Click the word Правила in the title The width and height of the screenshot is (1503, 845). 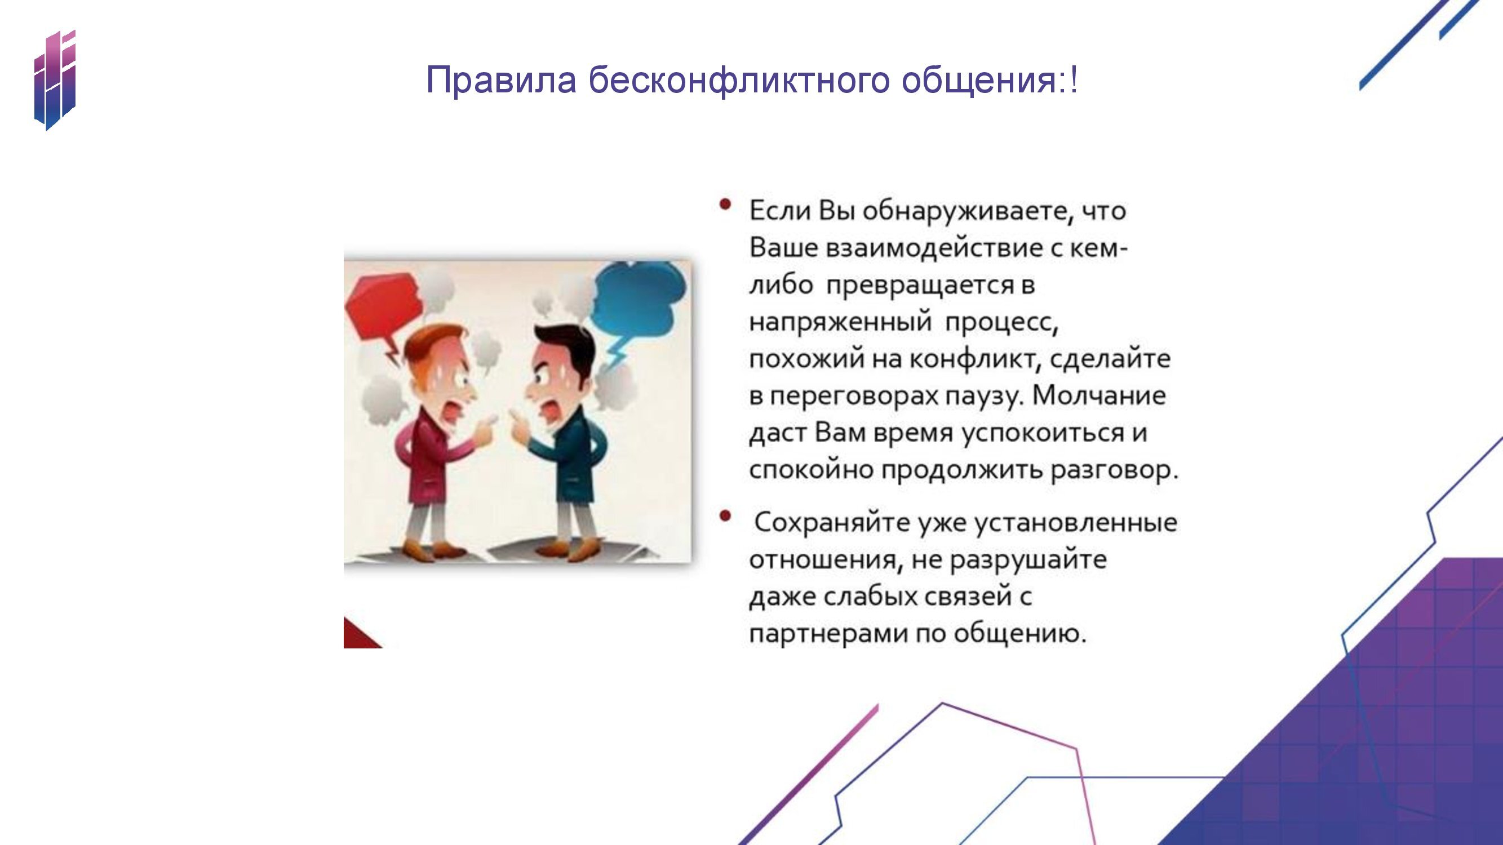[502, 81]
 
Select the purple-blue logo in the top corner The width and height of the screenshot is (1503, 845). [55, 80]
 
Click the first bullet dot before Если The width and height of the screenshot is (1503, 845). [725, 204]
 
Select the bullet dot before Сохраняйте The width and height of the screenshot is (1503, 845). [725, 516]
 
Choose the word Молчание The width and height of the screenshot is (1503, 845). [1099, 395]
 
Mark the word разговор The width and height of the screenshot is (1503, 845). [1114, 470]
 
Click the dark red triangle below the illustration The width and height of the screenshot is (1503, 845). [359, 635]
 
